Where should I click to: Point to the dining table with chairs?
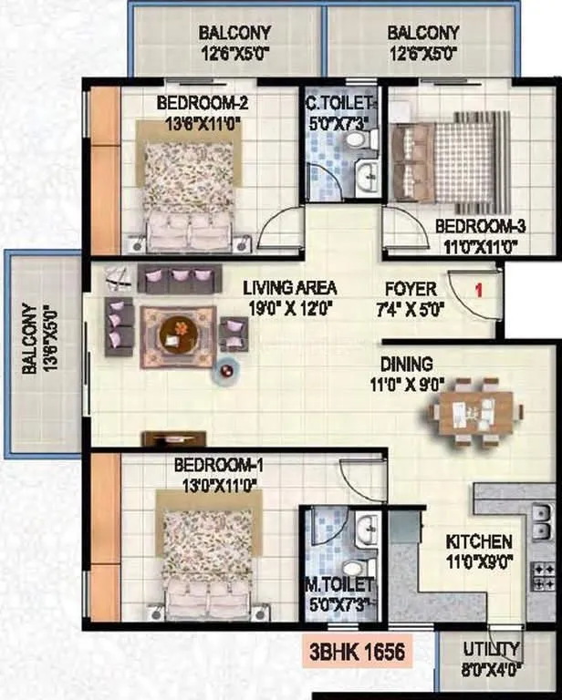coord(465,411)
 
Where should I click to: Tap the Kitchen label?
coord(479,541)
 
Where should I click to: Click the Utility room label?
coord(491,650)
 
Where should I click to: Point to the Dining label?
coord(408,364)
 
